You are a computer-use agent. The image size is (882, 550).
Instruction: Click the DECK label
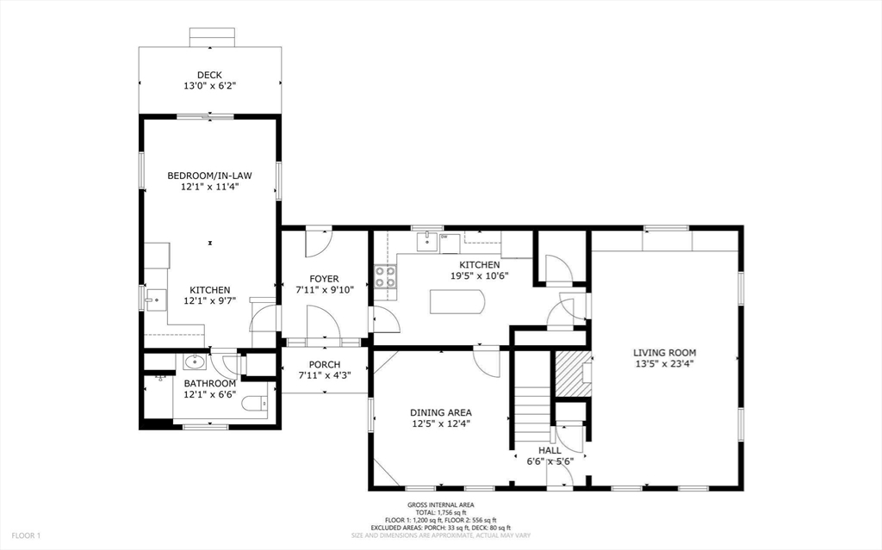[209, 75]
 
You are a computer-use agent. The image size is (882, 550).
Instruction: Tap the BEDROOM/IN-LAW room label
[210, 176]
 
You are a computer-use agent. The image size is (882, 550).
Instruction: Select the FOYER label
[324, 279]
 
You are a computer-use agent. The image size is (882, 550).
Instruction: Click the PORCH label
[324, 364]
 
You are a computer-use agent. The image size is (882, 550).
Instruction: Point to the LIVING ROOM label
[664, 353]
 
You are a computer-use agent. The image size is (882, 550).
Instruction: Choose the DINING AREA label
[440, 413]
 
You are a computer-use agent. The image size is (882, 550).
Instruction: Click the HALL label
[550, 450]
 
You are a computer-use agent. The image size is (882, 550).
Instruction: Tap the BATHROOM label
[210, 384]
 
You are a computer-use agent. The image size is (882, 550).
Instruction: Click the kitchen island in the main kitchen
[457, 301]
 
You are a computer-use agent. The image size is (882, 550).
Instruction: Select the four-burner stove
[385, 276]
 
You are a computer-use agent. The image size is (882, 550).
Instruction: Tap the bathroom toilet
[255, 403]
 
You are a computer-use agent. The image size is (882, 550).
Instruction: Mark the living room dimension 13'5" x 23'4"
[664, 364]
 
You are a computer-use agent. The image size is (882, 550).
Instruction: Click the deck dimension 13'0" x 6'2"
[209, 86]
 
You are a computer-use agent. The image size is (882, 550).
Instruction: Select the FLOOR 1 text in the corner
[26, 536]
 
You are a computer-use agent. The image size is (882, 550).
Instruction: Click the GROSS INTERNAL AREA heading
[441, 505]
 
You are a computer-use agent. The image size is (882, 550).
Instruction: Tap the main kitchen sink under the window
[427, 241]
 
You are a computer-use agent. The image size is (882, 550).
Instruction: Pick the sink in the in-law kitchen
[155, 300]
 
